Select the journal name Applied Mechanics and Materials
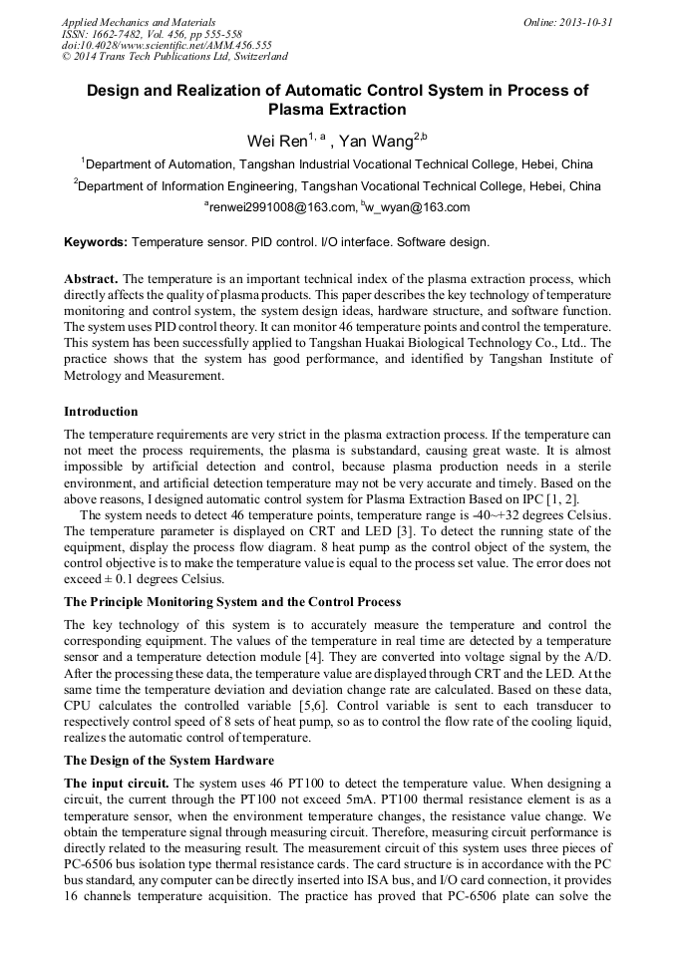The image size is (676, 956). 139,21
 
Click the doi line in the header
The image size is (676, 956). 167,45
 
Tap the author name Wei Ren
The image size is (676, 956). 276,141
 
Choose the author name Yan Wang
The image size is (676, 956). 376,141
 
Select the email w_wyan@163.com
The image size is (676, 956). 417,207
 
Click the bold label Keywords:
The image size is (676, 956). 96,242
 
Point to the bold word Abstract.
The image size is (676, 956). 92,279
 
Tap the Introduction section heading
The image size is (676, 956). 101,411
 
